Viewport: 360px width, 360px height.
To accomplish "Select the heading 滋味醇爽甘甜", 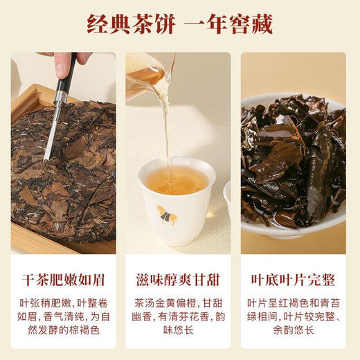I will pyautogui.click(x=179, y=280).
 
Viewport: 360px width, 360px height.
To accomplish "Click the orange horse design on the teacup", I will pyautogui.click(x=168, y=216).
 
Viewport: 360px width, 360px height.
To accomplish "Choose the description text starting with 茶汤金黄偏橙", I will pyautogui.click(x=179, y=317).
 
